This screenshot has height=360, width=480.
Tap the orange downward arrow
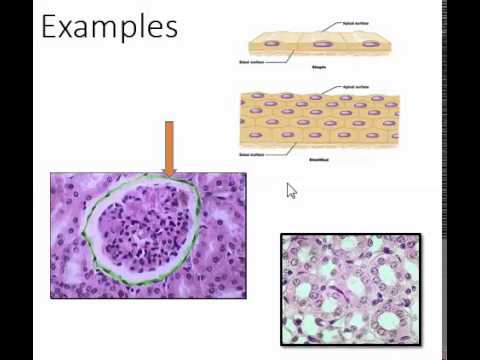click(x=169, y=148)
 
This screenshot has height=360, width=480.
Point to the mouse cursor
click(x=291, y=190)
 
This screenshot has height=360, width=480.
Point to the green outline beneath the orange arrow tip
click(x=169, y=179)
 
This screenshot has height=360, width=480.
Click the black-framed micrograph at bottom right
click(x=351, y=288)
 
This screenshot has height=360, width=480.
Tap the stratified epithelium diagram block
click(x=320, y=118)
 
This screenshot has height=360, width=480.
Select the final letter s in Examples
click(x=171, y=27)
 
